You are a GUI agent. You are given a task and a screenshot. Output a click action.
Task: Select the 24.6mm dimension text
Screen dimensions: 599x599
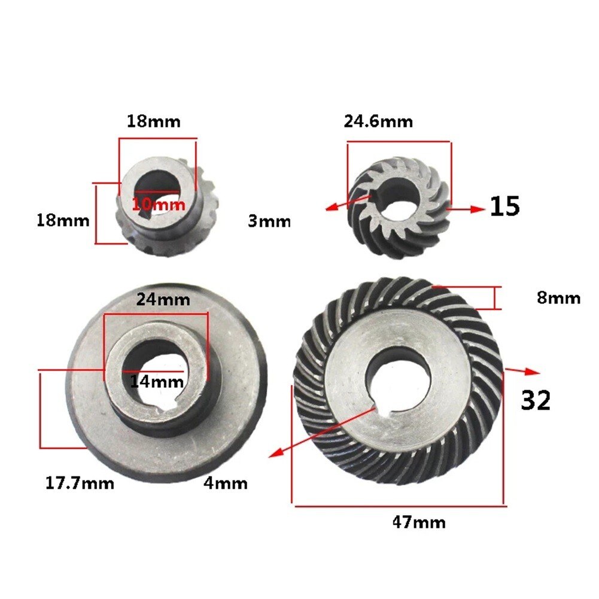[378, 121]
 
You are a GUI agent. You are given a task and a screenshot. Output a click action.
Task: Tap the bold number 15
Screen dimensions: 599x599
[504, 206]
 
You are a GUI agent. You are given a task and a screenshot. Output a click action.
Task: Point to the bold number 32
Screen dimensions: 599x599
[535, 400]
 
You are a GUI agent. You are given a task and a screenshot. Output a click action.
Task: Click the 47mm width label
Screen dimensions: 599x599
[418, 522]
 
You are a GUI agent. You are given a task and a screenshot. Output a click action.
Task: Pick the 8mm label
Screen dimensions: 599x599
[558, 297]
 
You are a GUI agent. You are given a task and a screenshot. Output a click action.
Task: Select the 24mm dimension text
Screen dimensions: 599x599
[163, 299]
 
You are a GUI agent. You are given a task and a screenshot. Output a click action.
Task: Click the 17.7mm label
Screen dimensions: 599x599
[80, 482]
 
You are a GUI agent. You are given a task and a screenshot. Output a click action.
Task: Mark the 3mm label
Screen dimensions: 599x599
[269, 221]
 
